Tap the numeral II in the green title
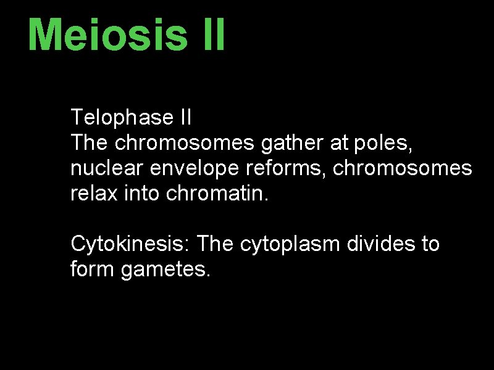tap(213, 35)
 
